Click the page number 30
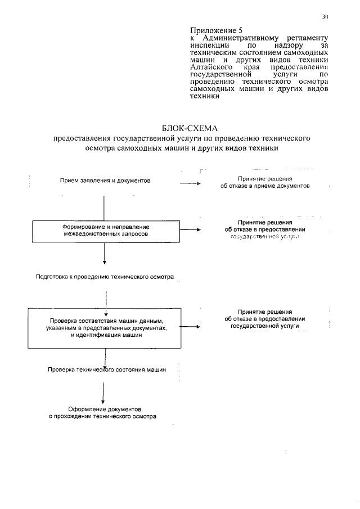coord(325,17)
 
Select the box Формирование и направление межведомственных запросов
coord(105,229)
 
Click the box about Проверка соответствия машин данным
coord(105,327)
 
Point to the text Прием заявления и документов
coord(105,181)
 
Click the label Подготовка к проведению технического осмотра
coord(105,277)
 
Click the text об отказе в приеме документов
coord(265,186)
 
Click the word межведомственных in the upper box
coord(89,234)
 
